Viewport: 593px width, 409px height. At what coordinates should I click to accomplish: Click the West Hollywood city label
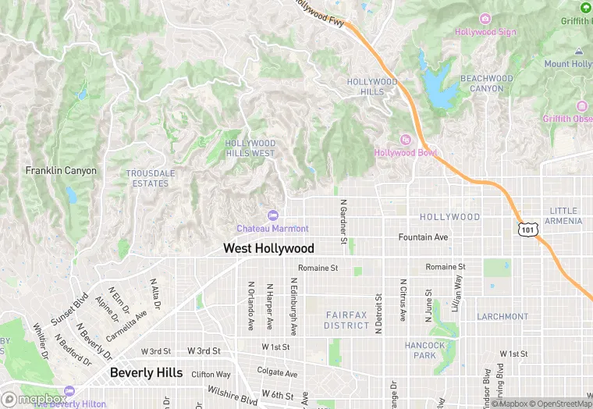click(x=268, y=248)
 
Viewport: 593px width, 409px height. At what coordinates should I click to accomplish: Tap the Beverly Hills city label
click(x=146, y=372)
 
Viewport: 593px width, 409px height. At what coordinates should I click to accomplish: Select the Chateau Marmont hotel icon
click(x=272, y=215)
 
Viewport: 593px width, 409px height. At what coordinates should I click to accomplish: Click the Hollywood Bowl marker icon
click(x=405, y=140)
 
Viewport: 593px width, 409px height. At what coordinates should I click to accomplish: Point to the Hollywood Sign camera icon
click(x=485, y=19)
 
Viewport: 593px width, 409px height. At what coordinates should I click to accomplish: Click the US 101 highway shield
click(x=528, y=229)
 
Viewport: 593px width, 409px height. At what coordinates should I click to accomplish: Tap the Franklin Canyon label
click(x=61, y=170)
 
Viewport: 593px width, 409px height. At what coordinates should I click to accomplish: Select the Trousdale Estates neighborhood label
click(x=151, y=178)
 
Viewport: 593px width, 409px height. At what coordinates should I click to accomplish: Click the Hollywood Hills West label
click(x=250, y=148)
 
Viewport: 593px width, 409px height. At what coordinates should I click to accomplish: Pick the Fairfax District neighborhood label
click(x=346, y=319)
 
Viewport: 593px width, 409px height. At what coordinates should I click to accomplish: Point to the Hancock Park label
click(x=424, y=350)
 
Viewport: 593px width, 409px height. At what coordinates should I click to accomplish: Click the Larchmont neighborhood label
click(x=502, y=317)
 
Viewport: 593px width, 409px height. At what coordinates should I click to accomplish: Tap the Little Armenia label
click(x=565, y=215)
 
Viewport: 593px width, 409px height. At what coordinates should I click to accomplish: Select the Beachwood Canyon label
click(x=487, y=84)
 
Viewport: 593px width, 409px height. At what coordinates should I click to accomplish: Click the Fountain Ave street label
click(x=423, y=237)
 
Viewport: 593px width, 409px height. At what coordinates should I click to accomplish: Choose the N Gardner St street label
click(x=343, y=220)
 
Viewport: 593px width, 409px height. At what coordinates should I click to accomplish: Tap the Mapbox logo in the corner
click(x=34, y=399)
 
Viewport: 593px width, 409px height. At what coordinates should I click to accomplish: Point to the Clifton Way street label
click(x=211, y=375)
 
